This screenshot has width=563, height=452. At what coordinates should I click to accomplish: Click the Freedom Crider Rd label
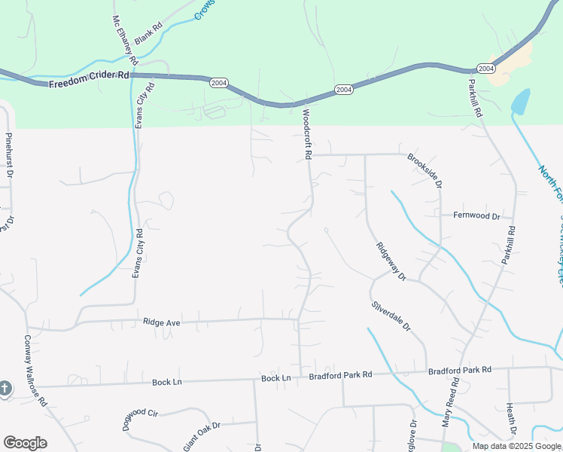coord(89,79)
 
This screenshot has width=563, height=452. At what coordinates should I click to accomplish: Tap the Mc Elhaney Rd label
coord(125,39)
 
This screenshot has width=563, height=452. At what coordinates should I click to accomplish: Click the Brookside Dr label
coord(425,170)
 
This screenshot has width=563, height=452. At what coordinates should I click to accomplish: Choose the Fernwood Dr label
coord(476,215)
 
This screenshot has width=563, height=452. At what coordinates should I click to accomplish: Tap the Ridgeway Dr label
coord(391,261)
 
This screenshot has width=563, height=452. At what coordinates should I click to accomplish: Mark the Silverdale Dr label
coord(391,317)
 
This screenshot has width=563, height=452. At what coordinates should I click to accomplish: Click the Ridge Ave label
coord(161,322)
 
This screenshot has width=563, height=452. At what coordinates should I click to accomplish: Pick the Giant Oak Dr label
coord(202,435)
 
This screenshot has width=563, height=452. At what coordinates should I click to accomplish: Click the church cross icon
coord(5,389)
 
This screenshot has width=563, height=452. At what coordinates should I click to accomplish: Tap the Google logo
coord(25,443)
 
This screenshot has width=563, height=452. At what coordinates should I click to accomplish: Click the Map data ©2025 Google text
coord(517,446)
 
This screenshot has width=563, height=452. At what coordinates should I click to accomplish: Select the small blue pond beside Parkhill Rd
coord(520,102)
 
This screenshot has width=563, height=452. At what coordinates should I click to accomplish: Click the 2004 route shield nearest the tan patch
coord(486,69)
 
